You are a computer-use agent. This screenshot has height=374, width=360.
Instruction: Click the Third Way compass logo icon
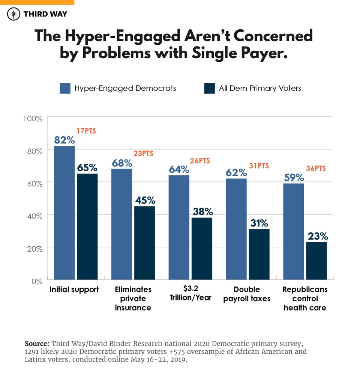[x=13, y=14]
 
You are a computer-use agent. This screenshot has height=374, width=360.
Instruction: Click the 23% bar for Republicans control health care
[x=316, y=261]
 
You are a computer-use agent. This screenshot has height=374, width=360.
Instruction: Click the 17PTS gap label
[x=86, y=131]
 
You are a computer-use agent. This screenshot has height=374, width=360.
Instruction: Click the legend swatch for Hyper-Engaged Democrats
[x=65, y=88]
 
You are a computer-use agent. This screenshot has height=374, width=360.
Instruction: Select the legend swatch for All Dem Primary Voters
[x=209, y=88]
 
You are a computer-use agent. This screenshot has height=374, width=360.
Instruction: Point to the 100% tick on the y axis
[x=33, y=119]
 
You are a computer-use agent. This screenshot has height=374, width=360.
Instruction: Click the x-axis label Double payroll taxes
[x=247, y=294]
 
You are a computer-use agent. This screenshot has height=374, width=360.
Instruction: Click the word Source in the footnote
[x=37, y=344]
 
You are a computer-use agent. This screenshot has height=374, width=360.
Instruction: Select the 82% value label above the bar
[x=64, y=140]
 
